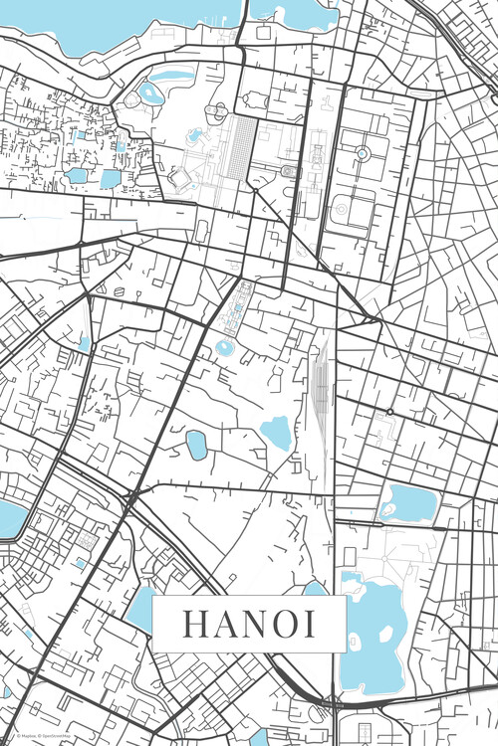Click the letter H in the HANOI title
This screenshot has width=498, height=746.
[x=192, y=624]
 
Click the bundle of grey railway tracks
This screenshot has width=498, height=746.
[x=320, y=383]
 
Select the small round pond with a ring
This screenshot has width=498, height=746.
[x=225, y=347]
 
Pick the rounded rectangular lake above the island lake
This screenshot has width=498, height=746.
[x=408, y=503]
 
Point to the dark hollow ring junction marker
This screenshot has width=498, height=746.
[x=389, y=411]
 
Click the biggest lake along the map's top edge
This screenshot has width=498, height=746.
[x=120, y=20]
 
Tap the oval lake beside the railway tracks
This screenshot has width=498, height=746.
[x=275, y=432]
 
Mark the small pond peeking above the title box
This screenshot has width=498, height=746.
[x=315, y=590]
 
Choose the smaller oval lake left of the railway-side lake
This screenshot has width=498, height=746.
[x=197, y=445]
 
